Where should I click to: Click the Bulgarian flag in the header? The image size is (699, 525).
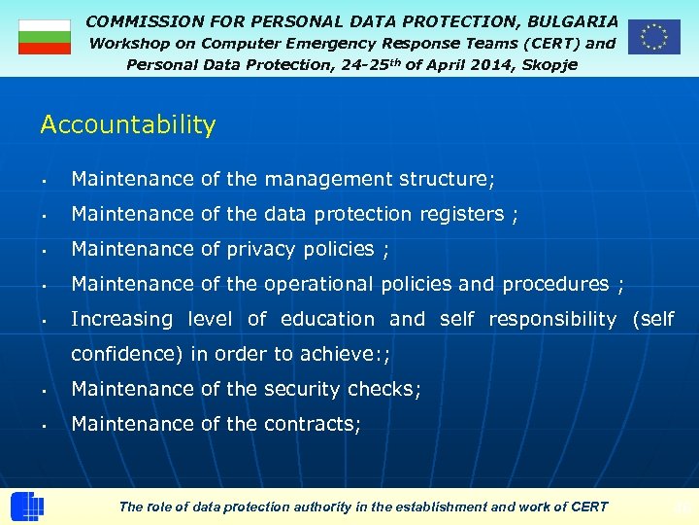tap(45, 37)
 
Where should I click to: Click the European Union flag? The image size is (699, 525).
tap(653, 36)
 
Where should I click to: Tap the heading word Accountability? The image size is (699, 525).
tap(128, 124)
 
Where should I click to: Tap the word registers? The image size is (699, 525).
tap(461, 214)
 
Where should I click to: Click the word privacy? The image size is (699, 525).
tap(262, 249)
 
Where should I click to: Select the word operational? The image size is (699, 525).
tap(319, 284)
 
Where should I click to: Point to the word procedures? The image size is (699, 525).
tap(555, 284)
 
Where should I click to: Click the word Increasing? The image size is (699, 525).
tap(121, 319)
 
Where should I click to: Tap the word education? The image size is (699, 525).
tap(327, 319)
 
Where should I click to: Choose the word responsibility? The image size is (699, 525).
tap(552, 319)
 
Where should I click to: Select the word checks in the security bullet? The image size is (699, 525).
tap(383, 389)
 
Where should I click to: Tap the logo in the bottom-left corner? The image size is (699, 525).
tap(26, 506)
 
